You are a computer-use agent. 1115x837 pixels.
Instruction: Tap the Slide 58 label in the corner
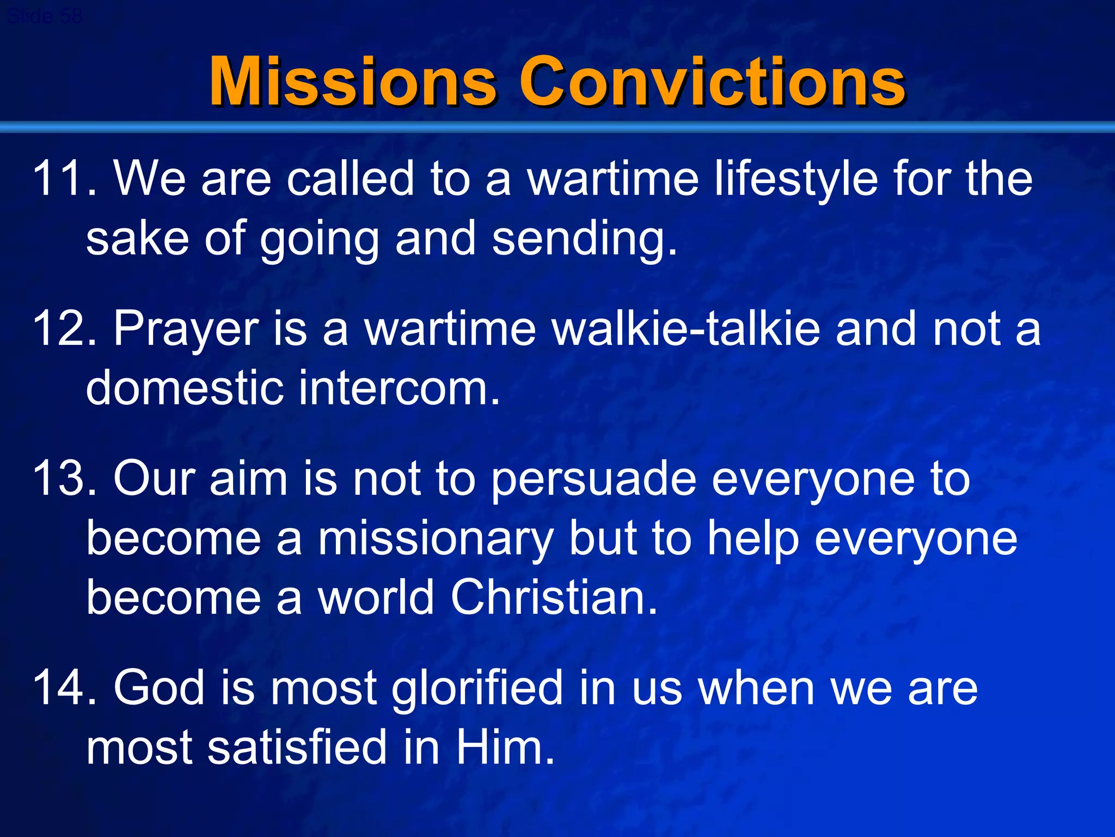pos(45,16)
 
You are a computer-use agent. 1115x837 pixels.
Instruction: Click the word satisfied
pos(296,747)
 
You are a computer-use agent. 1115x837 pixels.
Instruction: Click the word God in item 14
pos(158,688)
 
